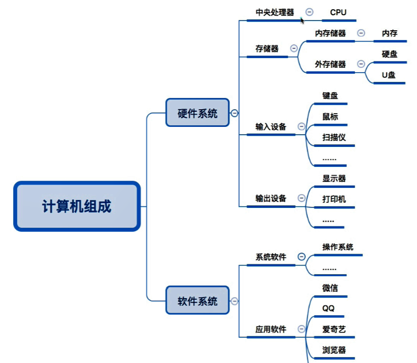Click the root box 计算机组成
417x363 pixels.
point(77,206)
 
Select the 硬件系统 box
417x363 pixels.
point(198,113)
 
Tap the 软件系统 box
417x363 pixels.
point(198,300)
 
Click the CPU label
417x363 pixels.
point(338,13)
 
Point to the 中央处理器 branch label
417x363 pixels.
point(275,13)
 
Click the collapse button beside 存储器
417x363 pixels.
point(294,48)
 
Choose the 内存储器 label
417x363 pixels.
point(330,33)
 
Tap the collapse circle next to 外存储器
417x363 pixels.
point(361,64)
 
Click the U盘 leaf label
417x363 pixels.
point(389,75)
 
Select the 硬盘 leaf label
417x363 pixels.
point(389,54)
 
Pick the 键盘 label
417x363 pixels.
point(330,96)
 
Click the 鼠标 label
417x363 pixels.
point(330,117)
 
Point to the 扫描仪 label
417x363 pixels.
point(334,137)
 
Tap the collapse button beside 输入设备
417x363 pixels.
point(301,126)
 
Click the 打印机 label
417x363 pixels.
point(334,199)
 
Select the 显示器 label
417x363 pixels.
point(334,178)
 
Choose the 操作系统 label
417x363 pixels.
point(338,247)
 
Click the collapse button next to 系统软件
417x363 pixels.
point(301,257)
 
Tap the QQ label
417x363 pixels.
point(328,308)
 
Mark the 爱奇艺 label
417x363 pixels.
point(334,329)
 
